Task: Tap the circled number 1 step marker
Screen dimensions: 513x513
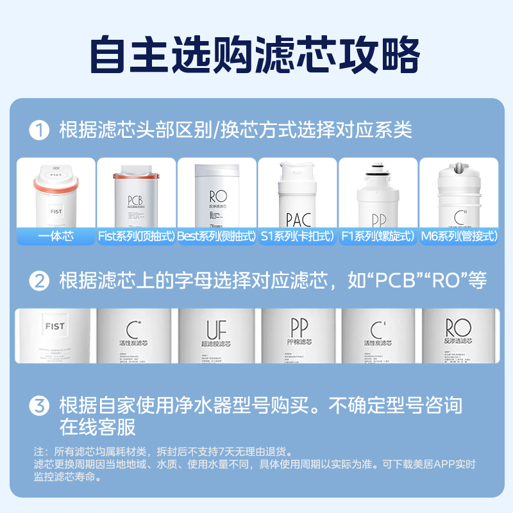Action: (40, 130)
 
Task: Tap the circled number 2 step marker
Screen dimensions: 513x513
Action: (40, 280)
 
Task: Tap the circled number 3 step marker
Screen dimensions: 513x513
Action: (40, 406)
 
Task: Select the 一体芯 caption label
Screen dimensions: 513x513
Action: (56, 237)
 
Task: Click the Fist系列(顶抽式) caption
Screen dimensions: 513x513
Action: (136, 237)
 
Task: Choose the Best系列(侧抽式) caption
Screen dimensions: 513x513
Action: (217, 237)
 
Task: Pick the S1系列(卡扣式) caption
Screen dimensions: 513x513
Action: (297, 237)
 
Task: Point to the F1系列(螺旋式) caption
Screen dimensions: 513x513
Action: (378, 237)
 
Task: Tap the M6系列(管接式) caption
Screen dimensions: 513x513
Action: (458, 237)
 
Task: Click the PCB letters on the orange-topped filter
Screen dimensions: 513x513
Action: (135, 199)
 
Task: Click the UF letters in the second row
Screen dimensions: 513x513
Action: (217, 330)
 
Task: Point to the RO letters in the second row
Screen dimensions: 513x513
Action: (458, 327)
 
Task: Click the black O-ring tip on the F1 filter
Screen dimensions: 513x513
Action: (378, 171)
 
